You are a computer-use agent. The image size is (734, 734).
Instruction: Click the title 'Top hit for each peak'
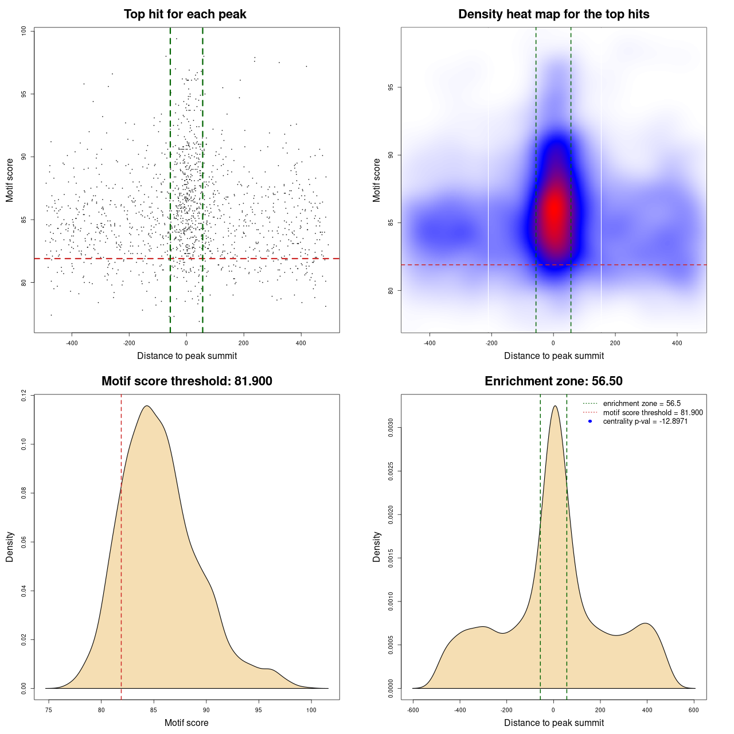click(185, 14)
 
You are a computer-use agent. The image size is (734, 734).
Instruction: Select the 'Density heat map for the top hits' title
click(553, 14)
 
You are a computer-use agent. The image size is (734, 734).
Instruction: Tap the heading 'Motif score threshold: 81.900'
click(186, 381)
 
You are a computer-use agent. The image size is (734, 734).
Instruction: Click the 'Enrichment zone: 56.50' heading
click(553, 381)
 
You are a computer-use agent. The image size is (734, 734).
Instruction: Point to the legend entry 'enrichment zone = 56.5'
click(642, 404)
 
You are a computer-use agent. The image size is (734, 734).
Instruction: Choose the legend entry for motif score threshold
click(653, 413)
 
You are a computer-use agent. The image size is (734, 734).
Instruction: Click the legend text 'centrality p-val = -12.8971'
click(645, 421)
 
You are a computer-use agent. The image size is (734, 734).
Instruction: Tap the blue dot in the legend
click(590, 421)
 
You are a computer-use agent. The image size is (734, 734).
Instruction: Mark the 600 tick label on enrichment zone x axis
click(694, 710)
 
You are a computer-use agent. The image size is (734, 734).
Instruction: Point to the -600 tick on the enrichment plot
click(413, 710)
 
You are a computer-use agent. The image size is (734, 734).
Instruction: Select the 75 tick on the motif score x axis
click(49, 710)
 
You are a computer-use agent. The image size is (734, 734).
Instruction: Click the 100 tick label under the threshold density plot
click(311, 710)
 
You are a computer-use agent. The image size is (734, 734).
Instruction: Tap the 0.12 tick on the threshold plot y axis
click(24, 395)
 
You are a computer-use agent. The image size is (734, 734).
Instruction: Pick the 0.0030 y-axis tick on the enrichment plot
click(391, 428)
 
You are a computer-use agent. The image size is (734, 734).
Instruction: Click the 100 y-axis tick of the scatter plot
click(24, 31)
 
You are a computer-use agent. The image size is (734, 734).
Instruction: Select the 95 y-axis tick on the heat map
click(391, 87)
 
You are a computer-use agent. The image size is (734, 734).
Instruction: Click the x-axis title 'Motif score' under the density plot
click(186, 723)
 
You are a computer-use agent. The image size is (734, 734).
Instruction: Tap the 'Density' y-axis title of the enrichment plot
click(377, 546)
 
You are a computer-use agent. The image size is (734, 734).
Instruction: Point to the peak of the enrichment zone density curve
click(555, 406)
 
